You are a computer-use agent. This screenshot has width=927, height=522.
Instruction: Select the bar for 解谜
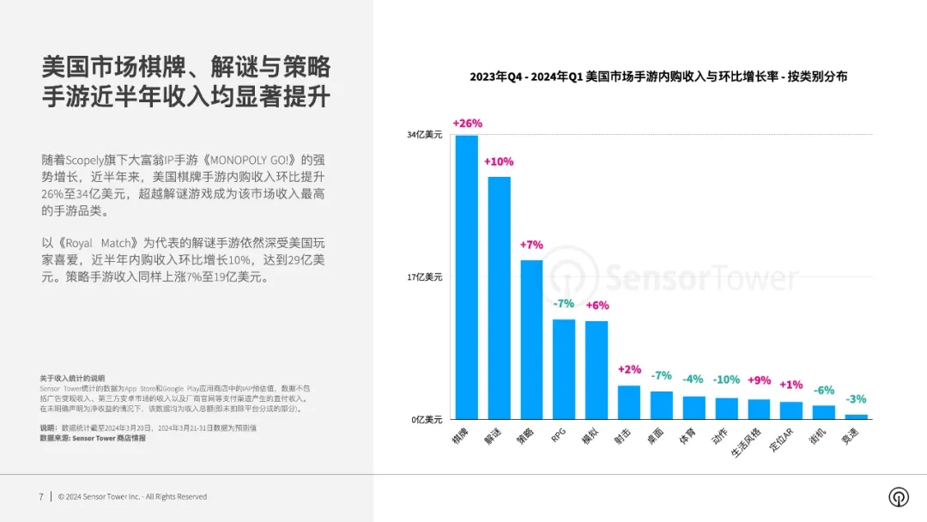(x=500, y=297)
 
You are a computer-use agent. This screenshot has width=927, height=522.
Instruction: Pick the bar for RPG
(x=564, y=368)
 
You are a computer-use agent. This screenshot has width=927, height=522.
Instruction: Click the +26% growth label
(x=467, y=124)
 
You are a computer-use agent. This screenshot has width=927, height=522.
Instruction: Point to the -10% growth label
(x=726, y=379)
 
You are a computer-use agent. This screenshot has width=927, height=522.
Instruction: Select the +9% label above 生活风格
(x=759, y=379)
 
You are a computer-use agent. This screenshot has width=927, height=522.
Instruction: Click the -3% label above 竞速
(x=856, y=399)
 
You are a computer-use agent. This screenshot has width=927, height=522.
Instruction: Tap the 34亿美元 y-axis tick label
(x=425, y=135)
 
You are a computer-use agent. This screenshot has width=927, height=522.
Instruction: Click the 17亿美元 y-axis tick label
(x=425, y=277)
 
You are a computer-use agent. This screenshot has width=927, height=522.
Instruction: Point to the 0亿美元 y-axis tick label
(x=427, y=419)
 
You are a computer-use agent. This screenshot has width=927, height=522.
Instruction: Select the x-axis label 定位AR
(x=787, y=440)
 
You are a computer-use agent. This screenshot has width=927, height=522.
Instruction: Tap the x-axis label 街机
(x=821, y=436)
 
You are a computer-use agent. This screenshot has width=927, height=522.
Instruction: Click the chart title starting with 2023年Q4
(x=658, y=76)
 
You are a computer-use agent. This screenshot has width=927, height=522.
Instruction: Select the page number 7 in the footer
(x=40, y=496)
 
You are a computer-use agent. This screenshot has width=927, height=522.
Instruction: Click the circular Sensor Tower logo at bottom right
(x=898, y=497)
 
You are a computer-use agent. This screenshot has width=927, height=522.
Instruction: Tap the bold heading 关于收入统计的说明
(x=71, y=378)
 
